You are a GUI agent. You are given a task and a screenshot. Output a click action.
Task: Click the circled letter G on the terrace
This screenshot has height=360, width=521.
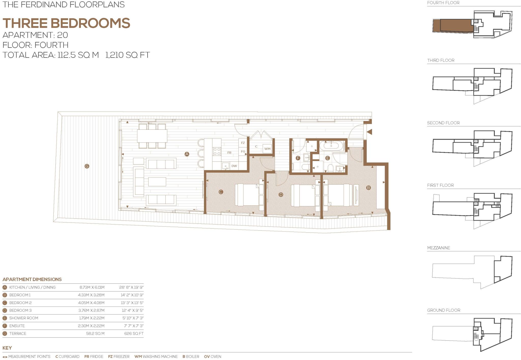pos(87,166)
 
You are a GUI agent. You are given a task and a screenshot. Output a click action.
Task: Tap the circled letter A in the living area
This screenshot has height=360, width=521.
pos(187,154)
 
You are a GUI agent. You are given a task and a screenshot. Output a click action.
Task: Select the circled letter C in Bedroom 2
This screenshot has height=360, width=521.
pos(221,192)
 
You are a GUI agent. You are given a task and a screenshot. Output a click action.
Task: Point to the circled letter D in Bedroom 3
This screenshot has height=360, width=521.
pos(281,194)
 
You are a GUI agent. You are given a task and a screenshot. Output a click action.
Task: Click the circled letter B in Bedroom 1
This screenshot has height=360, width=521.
pos(368,188)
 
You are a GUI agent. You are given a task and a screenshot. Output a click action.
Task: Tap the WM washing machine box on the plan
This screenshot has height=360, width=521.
pos(267,149)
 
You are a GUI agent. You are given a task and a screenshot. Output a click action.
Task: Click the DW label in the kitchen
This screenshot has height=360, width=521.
pos(234,166)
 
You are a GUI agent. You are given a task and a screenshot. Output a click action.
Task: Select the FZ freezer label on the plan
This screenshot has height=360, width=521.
pos(243,143)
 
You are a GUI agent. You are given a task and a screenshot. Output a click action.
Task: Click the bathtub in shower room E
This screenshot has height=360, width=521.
pos(331,146)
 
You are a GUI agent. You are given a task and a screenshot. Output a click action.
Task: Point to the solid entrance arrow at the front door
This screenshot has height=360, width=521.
pos(369,132)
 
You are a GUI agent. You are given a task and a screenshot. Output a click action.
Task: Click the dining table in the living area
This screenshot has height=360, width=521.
pos(152,136)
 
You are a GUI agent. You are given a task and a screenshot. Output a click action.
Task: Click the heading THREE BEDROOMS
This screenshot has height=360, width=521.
pos(66,23)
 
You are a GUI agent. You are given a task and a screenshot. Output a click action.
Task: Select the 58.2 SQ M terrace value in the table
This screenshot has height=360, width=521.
pos(95,333)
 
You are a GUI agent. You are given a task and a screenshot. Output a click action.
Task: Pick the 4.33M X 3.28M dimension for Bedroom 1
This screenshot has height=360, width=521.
pos(91,295)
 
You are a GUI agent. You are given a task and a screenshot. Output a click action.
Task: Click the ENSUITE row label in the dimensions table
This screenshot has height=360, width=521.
pos(17,326)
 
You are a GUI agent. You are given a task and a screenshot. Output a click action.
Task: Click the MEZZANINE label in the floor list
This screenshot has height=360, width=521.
pos(438,248)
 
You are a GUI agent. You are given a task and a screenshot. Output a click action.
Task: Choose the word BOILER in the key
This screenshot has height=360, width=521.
pos(193,356)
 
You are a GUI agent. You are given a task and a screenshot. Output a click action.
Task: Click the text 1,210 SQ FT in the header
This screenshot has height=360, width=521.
pos(127,55)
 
